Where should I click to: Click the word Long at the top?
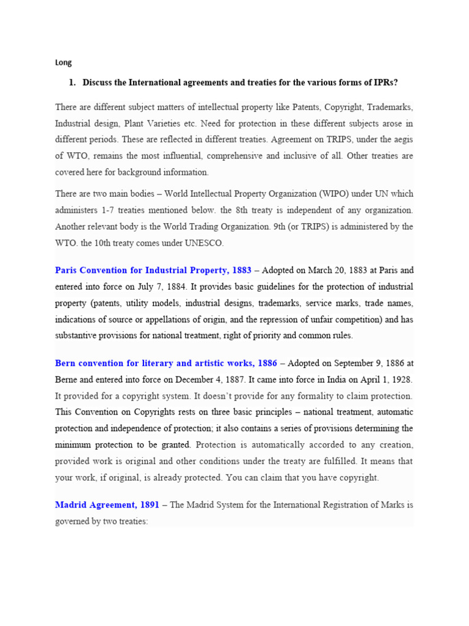63,62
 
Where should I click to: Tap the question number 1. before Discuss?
72,83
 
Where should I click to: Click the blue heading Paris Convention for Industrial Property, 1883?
153,270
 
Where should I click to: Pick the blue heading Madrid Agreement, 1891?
107,505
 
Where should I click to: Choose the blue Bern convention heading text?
166,364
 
